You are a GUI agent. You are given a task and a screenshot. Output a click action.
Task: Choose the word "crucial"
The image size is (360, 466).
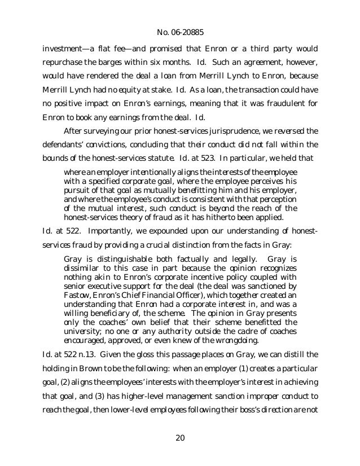(x=191, y=246)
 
